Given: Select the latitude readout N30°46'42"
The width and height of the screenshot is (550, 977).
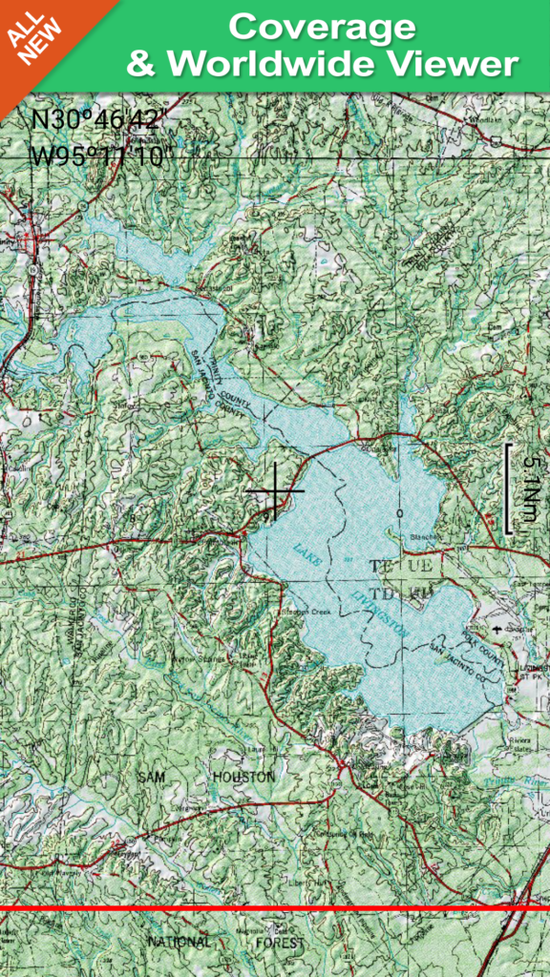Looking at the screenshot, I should [99, 121].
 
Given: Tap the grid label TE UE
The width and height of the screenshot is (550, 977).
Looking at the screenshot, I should [407, 567].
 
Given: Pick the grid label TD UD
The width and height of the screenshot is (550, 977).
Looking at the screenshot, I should [407, 592].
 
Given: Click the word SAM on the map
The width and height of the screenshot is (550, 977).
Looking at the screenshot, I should [153, 778].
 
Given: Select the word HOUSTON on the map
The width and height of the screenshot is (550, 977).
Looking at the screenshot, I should [243, 778].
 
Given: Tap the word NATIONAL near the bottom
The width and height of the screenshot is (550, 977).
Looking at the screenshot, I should [179, 943].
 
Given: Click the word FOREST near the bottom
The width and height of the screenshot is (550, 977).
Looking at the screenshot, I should [280, 943].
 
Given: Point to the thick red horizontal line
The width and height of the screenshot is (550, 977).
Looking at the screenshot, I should [275, 908].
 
